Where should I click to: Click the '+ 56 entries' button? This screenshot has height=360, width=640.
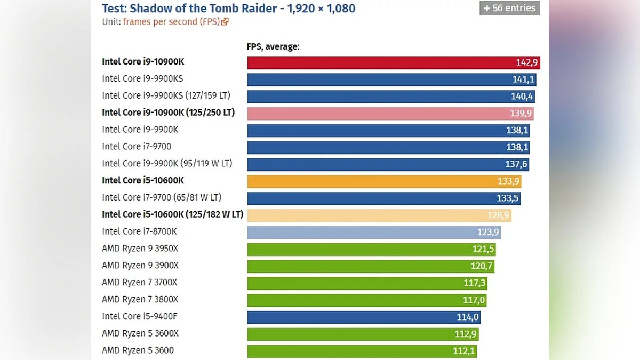509,8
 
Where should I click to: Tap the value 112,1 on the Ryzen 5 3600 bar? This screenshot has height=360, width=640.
462,351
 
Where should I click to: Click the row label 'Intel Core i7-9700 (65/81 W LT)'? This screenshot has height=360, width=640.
162,197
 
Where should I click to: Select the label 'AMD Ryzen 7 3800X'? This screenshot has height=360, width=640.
140,300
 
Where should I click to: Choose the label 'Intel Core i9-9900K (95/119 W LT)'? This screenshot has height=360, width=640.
167,164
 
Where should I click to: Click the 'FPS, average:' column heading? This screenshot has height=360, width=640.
273,47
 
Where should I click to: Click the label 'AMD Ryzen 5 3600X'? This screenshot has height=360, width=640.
140,333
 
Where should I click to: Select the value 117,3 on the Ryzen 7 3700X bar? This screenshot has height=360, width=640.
474,283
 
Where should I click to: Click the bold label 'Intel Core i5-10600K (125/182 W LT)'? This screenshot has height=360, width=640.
172,214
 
